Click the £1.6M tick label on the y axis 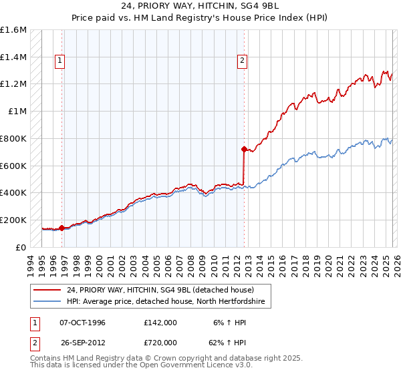[x=13, y=30]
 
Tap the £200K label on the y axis [x=13, y=220]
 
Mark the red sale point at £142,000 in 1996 [x=62, y=228]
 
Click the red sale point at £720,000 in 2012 [x=244, y=149]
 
